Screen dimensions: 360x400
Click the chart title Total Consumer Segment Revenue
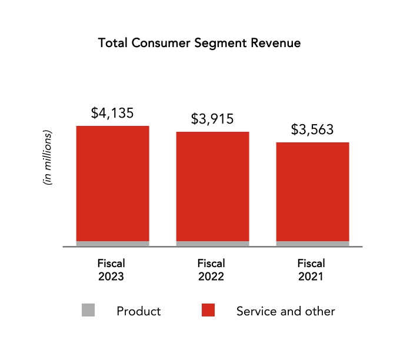point(199,44)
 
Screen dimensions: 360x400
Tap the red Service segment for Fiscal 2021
point(312,192)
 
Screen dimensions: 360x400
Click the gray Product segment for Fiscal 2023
point(112,244)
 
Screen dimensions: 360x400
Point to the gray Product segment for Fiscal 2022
point(212,244)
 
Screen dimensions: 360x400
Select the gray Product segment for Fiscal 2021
point(312,244)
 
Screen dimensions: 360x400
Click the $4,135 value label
point(112,114)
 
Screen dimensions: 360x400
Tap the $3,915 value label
point(212,119)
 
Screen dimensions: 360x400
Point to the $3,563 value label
point(312,130)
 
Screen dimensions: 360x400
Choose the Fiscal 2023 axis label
point(111,269)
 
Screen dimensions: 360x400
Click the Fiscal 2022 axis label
point(211,269)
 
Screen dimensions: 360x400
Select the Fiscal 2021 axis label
point(311,269)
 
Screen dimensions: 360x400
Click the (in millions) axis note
point(48,158)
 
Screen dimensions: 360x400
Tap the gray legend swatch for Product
point(88,310)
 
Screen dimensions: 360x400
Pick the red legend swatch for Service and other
point(208,310)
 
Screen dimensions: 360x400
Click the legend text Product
point(139,311)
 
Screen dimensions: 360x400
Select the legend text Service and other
point(285,311)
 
